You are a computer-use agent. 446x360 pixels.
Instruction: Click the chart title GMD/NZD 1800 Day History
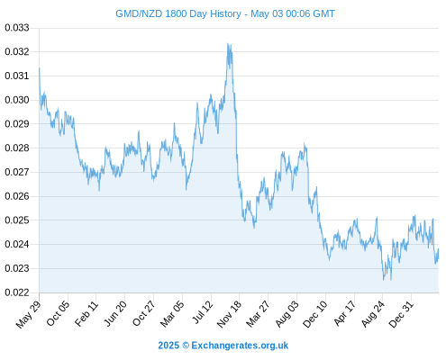click(x=178, y=13)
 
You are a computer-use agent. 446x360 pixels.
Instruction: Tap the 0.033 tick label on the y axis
click(x=17, y=28)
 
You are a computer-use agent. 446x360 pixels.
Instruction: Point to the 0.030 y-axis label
click(x=17, y=100)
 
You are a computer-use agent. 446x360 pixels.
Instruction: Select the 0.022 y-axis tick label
click(x=17, y=292)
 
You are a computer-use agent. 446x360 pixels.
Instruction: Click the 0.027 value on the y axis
click(x=17, y=172)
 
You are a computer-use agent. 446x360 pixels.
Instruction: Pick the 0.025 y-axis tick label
click(x=17, y=220)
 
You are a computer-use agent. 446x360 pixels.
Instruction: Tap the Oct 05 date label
click(x=58, y=313)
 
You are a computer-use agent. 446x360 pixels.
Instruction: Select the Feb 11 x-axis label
click(x=86, y=313)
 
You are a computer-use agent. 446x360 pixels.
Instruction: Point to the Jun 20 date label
click(x=115, y=313)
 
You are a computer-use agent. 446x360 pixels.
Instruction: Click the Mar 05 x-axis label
click(x=172, y=313)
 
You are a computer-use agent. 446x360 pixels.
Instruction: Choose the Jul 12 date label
click(x=203, y=312)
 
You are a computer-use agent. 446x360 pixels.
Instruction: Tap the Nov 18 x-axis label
click(x=229, y=314)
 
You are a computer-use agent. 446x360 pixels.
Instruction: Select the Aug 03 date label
click(x=287, y=313)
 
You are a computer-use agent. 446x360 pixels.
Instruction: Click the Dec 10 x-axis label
click(x=315, y=314)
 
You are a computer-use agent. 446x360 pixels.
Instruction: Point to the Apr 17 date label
click(x=345, y=313)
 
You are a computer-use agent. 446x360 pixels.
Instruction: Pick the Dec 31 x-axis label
click(x=401, y=314)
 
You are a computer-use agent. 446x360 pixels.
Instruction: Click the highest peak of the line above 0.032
click(x=228, y=43)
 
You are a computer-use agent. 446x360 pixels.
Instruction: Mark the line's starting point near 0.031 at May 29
click(x=40, y=68)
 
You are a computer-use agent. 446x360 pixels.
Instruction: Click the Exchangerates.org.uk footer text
click(x=240, y=346)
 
